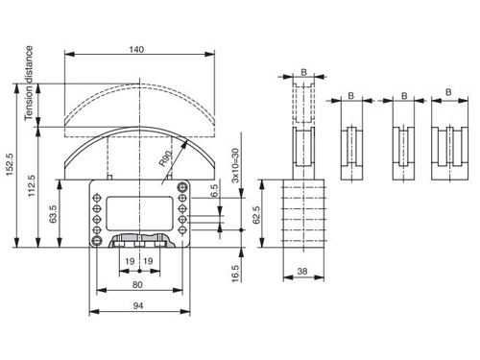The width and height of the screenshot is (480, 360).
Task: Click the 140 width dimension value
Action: click(x=136, y=50)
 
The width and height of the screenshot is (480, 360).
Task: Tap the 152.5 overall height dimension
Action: click(x=10, y=164)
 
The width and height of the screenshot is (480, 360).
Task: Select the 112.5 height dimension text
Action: click(x=32, y=185)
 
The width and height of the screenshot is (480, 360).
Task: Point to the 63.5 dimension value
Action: click(x=53, y=214)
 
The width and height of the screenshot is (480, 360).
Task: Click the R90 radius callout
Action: click(x=166, y=158)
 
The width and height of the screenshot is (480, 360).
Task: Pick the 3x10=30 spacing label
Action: click(x=235, y=165)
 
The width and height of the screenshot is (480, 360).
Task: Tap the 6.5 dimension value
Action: click(x=215, y=190)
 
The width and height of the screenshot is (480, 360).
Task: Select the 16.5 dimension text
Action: click(x=235, y=274)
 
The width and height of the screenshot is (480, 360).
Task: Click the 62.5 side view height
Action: click(x=256, y=215)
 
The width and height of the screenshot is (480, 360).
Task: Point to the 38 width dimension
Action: click(x=302, y=272)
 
